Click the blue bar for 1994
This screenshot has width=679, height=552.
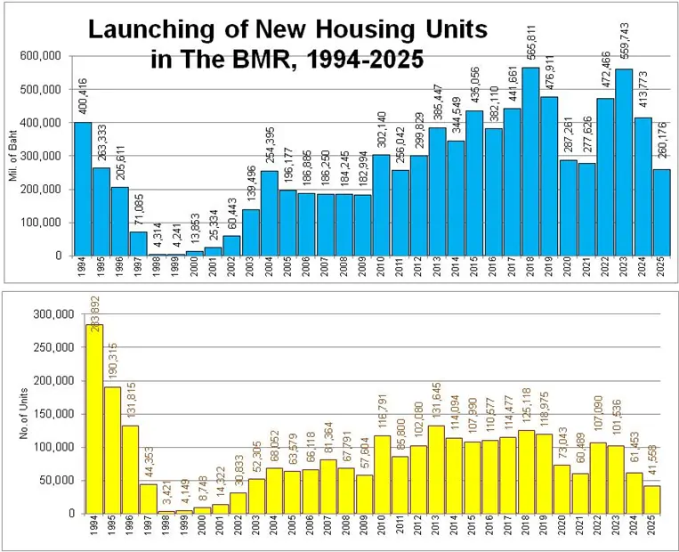(x=82, y=189)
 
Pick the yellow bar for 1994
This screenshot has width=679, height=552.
(x=93, y=418)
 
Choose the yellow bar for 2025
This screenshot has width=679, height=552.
(x=653, y=499)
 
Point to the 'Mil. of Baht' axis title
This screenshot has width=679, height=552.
(x=12, y=156)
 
